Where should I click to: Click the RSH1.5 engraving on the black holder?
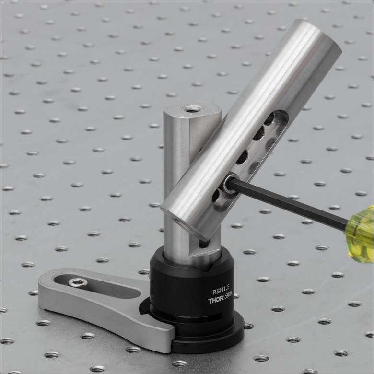[x=222, y=290]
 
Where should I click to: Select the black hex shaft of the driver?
[x=288, y=202]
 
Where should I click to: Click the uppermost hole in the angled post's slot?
[x=269, y=118]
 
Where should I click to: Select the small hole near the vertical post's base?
[x=204, y=243]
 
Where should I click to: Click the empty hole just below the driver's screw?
[x=218, y=196]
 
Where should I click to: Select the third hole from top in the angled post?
[x=242, y=156]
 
